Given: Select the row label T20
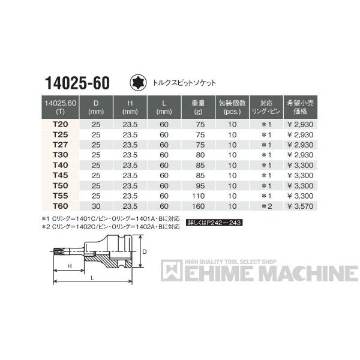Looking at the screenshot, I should pyautogui.click(x=60, y=122).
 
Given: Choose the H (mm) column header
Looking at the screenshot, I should pyautogui.click(x=130, y=106).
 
